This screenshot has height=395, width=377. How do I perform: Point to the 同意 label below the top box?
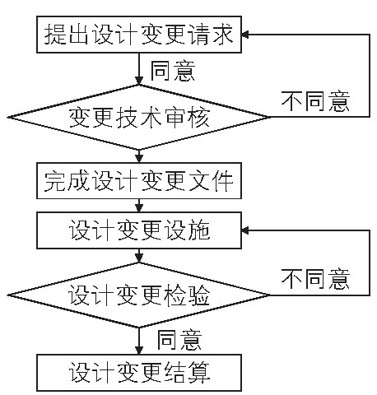point(173,71)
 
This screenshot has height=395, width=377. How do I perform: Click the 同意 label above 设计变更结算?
point(179,340)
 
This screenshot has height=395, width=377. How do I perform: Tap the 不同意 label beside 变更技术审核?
point(315,101)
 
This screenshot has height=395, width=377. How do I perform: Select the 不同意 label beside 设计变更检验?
point(315,279)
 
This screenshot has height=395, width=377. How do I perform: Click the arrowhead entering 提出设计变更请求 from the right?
point(245,35)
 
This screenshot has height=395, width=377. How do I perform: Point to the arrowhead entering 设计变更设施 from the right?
point(245,230)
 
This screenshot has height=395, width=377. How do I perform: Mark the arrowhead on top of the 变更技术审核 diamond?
point(139,81)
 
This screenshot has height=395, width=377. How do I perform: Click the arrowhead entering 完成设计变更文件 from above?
point(139,159)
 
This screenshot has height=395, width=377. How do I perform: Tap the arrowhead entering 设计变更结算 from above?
point(139,351)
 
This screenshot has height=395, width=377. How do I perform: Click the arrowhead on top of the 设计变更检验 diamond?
point(139,258)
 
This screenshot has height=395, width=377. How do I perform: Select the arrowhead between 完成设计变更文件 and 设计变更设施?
point(139,208)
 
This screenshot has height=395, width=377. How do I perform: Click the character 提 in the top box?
point(55,35)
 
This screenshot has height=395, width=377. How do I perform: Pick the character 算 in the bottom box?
point(199,373)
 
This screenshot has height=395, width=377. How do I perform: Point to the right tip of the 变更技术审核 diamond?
point(270,118)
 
